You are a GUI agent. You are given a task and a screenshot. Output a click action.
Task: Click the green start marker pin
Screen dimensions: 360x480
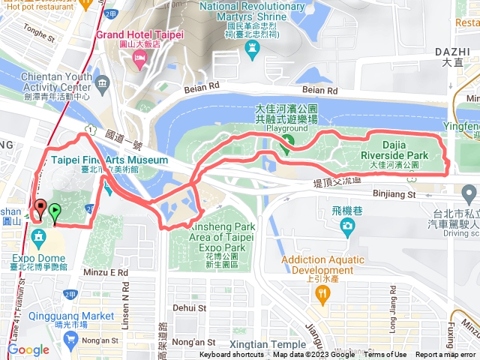55,211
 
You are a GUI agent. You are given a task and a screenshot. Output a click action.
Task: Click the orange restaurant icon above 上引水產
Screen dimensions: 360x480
323,295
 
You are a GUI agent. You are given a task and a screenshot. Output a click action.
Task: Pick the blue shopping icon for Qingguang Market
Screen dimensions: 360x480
71,339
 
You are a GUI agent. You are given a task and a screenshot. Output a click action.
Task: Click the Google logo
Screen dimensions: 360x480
28,349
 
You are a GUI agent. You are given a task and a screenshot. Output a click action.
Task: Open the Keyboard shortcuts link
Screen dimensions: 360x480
232,355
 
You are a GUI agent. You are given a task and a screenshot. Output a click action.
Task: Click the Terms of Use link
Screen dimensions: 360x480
385,355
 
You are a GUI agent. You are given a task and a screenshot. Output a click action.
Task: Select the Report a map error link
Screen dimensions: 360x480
445,355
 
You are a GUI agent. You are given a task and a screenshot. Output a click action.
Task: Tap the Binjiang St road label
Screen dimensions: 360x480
395,194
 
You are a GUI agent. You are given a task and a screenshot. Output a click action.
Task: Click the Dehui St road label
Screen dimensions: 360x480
189,307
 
